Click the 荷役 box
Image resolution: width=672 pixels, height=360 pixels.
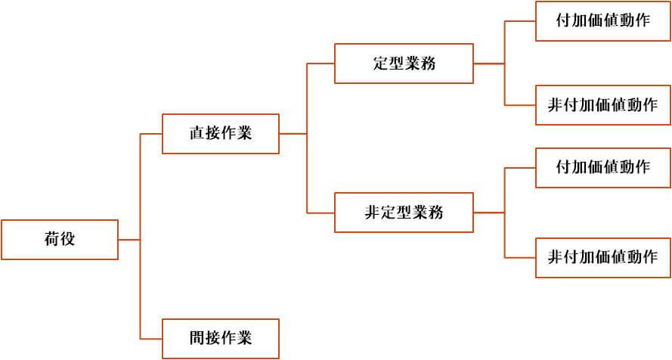[60, 240]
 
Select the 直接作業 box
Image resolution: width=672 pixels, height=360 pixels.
[221, 134]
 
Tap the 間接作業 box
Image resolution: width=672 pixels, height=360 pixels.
[221, 338]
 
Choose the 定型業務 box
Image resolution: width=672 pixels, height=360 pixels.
[404, 64]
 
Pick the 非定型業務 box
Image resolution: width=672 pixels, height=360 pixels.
[404, 213]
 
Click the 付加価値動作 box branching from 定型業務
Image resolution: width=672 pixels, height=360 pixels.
[602, 21]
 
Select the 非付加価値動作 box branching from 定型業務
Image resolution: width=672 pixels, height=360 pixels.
[602, 106]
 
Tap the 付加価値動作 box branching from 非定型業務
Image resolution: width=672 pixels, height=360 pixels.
[602, 167]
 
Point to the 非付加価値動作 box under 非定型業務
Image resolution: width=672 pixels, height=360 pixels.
[602, 257]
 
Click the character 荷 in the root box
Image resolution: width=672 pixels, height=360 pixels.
[51, 240]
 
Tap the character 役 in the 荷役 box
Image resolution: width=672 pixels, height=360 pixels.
[68, 240]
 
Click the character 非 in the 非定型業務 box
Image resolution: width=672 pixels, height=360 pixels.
[372, 213]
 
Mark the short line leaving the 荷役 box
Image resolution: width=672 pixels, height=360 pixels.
[129, 240]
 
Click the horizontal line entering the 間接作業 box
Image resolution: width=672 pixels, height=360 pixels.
[151, 338]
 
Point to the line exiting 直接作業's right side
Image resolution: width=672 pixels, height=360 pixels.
[293, 134]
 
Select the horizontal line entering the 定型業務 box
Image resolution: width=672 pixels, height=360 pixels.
[321, 64]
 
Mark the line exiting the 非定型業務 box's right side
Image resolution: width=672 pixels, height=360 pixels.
[489, 213]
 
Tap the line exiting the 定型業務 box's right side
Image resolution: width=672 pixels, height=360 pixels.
[489, 64]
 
